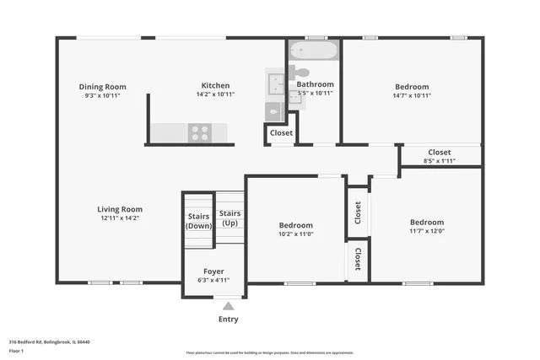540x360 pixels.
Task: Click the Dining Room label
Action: [102, 87]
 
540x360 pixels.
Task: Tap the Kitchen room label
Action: [215, 85]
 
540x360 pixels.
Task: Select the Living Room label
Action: [119, 209]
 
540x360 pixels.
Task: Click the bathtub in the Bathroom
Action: [314, 51]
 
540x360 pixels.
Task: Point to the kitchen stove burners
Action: [200, 132]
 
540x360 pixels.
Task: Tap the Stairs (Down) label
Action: [199, 221]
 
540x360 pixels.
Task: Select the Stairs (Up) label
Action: [229, 218]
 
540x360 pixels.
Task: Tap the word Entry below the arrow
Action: [228, 320]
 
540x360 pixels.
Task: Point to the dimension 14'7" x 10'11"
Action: [412, 95]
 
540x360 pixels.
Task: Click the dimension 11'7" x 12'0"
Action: [426, 231]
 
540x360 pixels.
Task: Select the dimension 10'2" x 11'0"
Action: [296, 234]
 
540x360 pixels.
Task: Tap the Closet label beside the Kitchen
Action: [281, 133]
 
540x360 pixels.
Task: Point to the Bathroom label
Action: [315, 84]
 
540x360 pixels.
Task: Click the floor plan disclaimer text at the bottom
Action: [269, 352]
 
